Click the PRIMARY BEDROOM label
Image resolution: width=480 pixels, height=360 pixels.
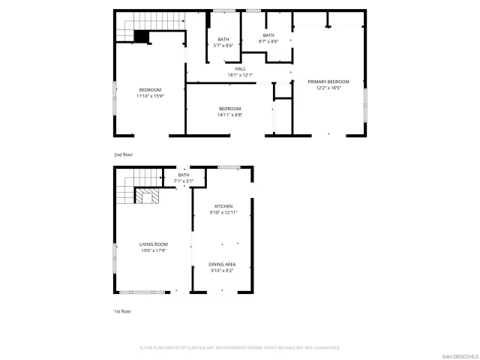point(328,81)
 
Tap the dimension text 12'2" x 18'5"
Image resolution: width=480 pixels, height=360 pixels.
point(328,88)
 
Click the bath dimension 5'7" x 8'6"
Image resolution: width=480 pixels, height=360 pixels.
point(223,46)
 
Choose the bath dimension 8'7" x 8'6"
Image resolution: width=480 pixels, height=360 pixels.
point(268,41)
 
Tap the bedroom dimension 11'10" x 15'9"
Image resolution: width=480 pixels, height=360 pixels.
point(149,96)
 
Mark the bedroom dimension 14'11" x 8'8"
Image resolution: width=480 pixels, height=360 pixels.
point(229,115)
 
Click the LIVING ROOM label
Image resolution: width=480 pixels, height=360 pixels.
point(153,244)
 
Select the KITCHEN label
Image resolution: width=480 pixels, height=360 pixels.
point(223,206)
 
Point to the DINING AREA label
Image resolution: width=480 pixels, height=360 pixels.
point(223,264)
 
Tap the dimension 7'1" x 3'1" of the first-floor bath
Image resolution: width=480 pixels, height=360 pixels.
point(184,181)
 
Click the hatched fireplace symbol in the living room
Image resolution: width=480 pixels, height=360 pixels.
point(145,196)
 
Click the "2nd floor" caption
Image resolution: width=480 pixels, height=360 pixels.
point(122,154)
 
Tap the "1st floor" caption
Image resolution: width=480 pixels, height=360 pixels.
point(121,310)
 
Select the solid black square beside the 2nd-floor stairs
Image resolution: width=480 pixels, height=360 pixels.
point(141,35)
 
